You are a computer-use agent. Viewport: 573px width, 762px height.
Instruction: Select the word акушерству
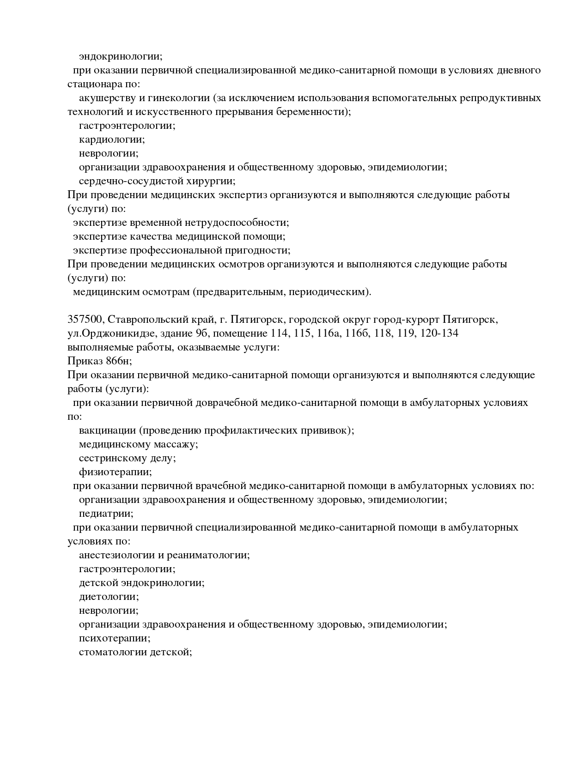pyautogui.click(x=105, y=98)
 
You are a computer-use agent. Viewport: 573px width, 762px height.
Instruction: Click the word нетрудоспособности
pyautogui.click(x=237, y=223)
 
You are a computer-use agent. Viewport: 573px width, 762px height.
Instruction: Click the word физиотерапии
pyautogui.click(x=115, y=472)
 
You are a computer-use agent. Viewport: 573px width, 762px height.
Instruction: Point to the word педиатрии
pyautogui.click(x=106, y=514)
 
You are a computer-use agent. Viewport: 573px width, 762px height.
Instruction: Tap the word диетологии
pyautogui.click(x=109, y=597)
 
